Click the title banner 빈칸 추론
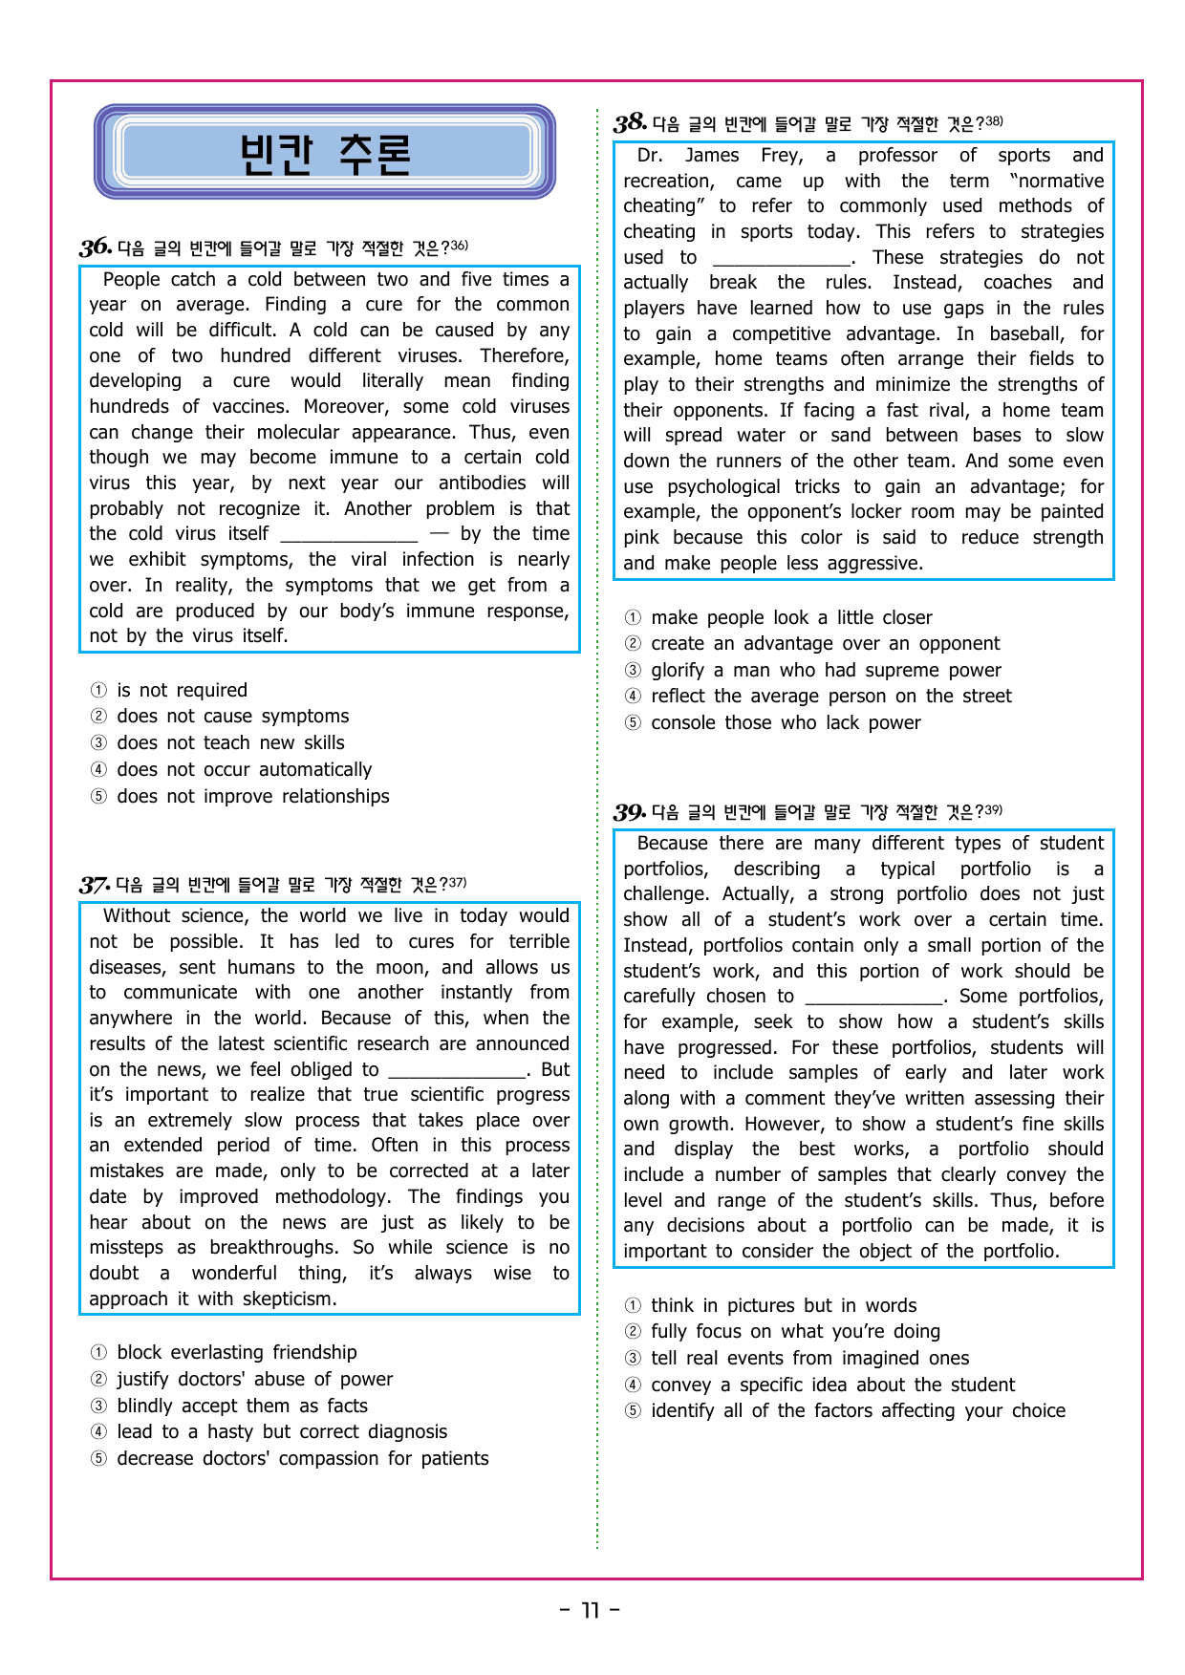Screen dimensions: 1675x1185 click(x=325, y=152)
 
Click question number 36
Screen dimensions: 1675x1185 click(x=96, y=247)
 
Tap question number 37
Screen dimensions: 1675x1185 click(x=95, y=885)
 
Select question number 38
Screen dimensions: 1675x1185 click(x=630, y=123)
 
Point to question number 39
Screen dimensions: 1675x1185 click(x=629, y=812)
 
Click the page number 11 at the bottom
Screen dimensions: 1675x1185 click(x=590, y=1610)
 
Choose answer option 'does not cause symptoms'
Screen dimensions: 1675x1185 click(x=232, y=716)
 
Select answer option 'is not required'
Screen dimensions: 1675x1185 click(x=182, y=690)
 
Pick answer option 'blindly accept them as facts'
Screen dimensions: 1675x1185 click(x=242, y=1406)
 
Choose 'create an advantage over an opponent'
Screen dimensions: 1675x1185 click(x=825, y=643)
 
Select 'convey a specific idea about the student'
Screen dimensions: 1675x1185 click(x=832, y=1385)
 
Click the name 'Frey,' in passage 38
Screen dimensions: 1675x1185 click(x=782, y=155)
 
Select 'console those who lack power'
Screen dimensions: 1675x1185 click(x=786, y=722)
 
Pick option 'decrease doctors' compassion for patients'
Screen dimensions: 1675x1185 click(x=302, y=1458)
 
